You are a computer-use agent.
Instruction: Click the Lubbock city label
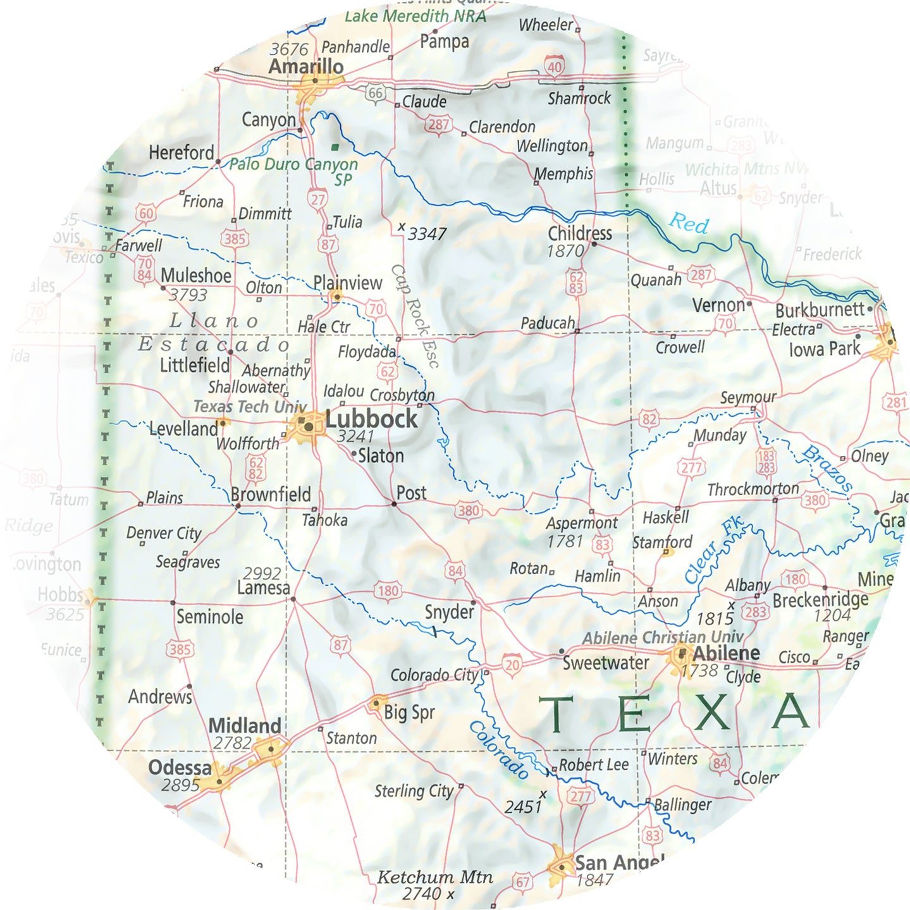(x=371, y=419)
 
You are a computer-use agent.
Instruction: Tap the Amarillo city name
(x=306, y=66)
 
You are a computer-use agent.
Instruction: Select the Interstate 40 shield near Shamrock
(x=554, y=66)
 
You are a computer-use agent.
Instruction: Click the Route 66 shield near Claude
(x=375, y=93)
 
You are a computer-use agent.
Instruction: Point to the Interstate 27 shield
(x=317, y=199)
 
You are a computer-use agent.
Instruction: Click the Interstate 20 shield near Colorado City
(x=512, y=664)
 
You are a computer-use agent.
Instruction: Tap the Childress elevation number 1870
(x=565, y=251)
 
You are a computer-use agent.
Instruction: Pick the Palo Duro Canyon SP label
(x=294, y=171)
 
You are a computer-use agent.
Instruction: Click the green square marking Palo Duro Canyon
(x=335, y=147)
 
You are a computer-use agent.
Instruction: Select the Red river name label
(x=689, y=223)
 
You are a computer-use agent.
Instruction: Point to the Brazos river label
(x=827, y=469)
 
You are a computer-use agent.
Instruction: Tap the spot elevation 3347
(x=427, y=234)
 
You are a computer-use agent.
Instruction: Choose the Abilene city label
(x=727, y=653)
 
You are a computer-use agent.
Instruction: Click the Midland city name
(x=245, y=725)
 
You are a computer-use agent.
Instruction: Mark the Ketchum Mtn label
(x=434, y=877)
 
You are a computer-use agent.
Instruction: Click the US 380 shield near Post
(x=469, y=510)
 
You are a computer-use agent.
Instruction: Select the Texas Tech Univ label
(x=250, y=407)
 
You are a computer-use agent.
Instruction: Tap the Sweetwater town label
(x=606, y=663)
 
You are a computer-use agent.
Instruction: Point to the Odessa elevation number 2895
(x=181, y=785)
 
